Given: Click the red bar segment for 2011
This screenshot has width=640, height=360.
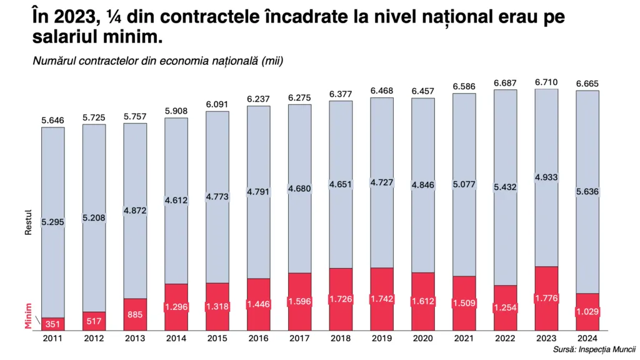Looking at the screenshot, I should click(53, 324).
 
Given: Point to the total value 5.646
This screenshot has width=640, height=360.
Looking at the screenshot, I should click(53, 121).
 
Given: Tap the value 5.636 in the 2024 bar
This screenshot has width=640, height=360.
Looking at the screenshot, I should click(587, 192).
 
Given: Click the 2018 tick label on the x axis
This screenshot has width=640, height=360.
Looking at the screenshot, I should click(341, 338).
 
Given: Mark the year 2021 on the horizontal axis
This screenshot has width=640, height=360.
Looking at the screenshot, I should click(464, 338).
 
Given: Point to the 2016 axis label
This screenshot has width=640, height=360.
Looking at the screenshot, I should click(258, 338).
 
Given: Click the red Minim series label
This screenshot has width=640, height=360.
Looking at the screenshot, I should click(28, 316).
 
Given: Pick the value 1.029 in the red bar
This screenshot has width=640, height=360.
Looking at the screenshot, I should click(587, 311).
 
